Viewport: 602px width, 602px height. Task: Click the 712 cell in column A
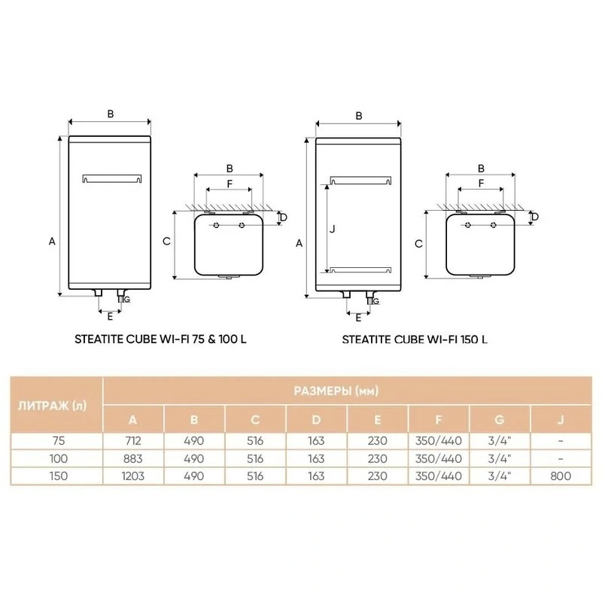pyautogui.click(x=133, y=441)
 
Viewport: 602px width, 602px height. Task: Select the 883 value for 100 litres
pyautogui.click(x=133, y=458)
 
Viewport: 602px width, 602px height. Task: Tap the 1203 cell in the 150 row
pyautogui.click(x=133, y=476)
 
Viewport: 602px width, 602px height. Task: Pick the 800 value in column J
pyautogui.click(x=561, y=476)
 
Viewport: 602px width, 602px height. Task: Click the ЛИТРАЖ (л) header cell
pyautogui.click(x=52, y=406)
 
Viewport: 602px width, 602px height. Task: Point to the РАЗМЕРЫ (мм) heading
pyautogui.click(x=336, y=391)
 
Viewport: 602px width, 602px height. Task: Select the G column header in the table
pyautogui.click(x=499, y=420)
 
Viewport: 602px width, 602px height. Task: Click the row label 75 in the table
pyautogui.click(x=59, y=441)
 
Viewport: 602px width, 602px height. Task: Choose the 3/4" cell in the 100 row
pyautogui.click(x=499, y=458)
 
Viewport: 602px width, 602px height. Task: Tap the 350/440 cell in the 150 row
pyautogui.click(x=438, y=476)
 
